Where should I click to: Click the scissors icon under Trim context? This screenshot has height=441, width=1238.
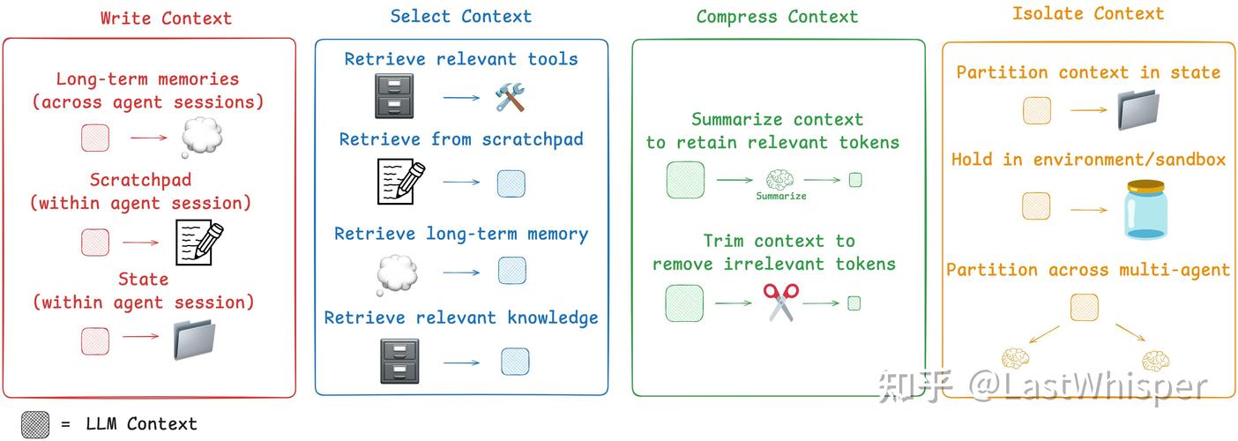pyautogui.click(x=781, y=302)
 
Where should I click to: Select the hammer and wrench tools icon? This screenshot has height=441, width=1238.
pyautogui.click(x=511, y=96)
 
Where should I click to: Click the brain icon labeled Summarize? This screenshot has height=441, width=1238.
pyautogui.click(x=780, y=180)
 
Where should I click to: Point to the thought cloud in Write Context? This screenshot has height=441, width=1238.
pyautogui.click(x=201, y=138)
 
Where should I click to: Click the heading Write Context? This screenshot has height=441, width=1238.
pyautogui.click(x=166, y=18)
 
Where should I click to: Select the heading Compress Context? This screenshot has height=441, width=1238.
pyautogui.click(x=777, y=17)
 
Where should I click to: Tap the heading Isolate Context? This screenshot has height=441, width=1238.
pyautogui.click(x=1088, y=13)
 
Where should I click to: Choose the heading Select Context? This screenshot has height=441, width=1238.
pyautogui.click(x=460, y=16)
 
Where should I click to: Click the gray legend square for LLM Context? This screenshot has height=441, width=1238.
pyautogui.click(x=35, y=424)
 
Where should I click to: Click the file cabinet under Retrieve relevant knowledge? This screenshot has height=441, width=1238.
pyautogui.click(x=399, y=362)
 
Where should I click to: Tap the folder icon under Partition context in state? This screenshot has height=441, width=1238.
pyautogui.click(x=1143, y=111)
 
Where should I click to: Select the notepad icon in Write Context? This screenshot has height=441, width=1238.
pyautogui.click(x=198, y=242)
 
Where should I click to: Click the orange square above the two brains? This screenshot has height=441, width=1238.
pyautogui.click(x=1085, y=308)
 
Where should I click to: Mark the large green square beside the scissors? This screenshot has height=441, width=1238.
pyautogui.click(x=684, y=303)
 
